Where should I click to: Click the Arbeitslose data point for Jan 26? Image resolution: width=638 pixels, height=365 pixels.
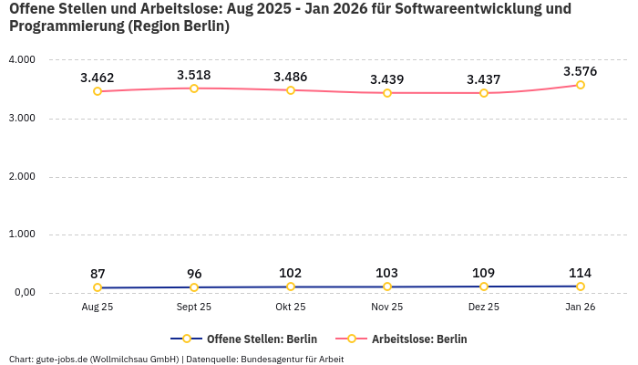coord(580,85)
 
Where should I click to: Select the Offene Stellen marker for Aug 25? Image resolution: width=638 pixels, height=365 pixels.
coord(98,287)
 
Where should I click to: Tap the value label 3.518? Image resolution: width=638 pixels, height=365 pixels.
coord(194,75)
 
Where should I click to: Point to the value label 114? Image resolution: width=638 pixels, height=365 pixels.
coord(580,273)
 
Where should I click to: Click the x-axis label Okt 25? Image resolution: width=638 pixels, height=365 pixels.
coord(291,308)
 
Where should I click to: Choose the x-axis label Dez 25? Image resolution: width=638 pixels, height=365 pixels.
coord(484,308)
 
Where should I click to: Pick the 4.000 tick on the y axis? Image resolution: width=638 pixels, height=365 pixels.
coord(22,59)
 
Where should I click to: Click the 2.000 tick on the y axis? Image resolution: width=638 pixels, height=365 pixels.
coord(22,176)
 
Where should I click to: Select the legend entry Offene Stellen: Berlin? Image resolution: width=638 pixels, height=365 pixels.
coord(243,339)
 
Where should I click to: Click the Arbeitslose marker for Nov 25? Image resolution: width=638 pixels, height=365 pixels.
coord(387,93)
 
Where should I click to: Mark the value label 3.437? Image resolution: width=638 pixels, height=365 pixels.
coord(484,79)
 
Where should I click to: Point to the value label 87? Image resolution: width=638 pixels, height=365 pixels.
coord(98,274)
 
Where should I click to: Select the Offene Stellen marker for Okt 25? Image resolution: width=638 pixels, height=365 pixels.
coord(291,287)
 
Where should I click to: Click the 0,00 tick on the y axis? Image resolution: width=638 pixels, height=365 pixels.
coord(22,293)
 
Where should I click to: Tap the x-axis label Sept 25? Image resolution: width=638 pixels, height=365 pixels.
coord(194,308)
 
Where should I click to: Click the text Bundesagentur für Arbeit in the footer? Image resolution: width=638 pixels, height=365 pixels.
coord(292,359)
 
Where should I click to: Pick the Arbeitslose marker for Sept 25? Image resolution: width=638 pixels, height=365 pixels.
coord(194,89)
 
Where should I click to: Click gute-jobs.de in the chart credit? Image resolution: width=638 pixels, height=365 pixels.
coord(61,359)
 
